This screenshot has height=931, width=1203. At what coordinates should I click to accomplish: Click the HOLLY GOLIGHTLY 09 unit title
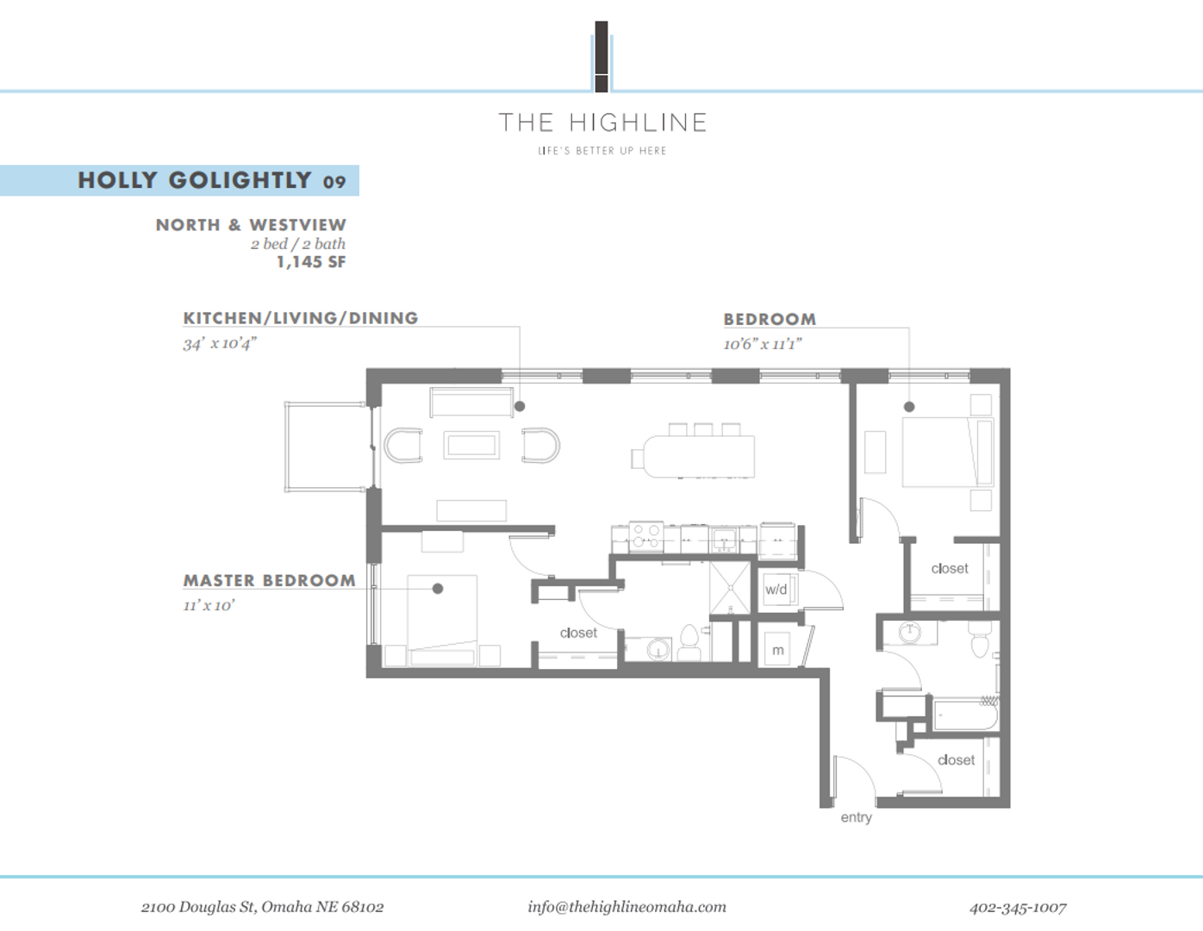[x=211, y=180]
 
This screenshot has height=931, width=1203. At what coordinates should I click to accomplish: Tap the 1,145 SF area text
[x=310, y=262]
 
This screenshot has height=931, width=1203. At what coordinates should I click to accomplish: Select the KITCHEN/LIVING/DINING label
[x=300, y=318]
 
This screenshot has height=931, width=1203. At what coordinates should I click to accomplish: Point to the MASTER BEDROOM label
[x=269, y=581]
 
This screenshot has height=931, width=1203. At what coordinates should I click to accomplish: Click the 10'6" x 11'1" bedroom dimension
[x=763, y=344]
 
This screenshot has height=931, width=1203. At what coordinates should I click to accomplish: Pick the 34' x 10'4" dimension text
[x=220, y=343]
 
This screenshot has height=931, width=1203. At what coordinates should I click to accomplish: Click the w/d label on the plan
[x=776, y=590]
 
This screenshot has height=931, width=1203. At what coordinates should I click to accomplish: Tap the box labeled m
[x=778, y=650]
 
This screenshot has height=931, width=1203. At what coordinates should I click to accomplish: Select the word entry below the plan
[x=856, y=817]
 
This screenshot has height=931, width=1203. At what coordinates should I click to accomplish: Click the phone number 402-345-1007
[x=1018, y=907]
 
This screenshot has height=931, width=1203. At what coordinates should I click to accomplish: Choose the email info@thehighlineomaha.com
[x=626, y=907]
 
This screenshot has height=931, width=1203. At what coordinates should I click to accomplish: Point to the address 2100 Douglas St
[x=262, y=907]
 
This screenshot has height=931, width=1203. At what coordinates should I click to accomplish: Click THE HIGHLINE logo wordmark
[x=602, y=122]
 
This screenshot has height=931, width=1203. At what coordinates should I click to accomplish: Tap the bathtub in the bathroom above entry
[x=965, y=715]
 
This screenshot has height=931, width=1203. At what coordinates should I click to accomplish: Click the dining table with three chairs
[x=699, y=455]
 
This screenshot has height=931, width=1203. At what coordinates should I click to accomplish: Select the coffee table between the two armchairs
[x=471, y=445]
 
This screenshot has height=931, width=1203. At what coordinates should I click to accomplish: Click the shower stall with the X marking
[x=730, y=588]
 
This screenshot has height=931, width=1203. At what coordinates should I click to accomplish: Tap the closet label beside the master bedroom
[x=578, y=633]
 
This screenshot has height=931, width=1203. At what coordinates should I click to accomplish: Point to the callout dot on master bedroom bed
[x=438, y=589]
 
